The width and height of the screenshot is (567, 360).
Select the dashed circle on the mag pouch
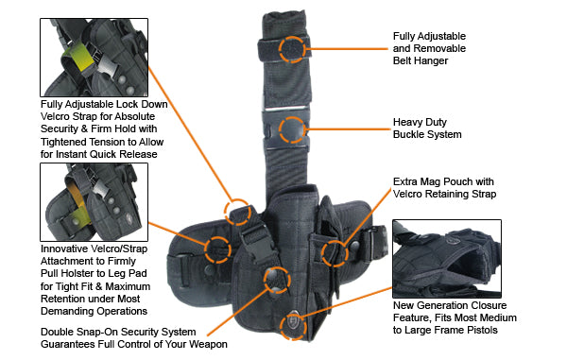[x=334, y=251]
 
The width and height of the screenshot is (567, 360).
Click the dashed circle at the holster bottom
[x=293, y=323]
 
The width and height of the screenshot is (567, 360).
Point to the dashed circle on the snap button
[x=275, y=277]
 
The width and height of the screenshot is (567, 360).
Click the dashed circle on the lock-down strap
[x=237, y=210]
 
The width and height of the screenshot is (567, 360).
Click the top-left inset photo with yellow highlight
[x=87, y=56]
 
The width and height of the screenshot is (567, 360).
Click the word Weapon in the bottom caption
[x=205, y=344]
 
